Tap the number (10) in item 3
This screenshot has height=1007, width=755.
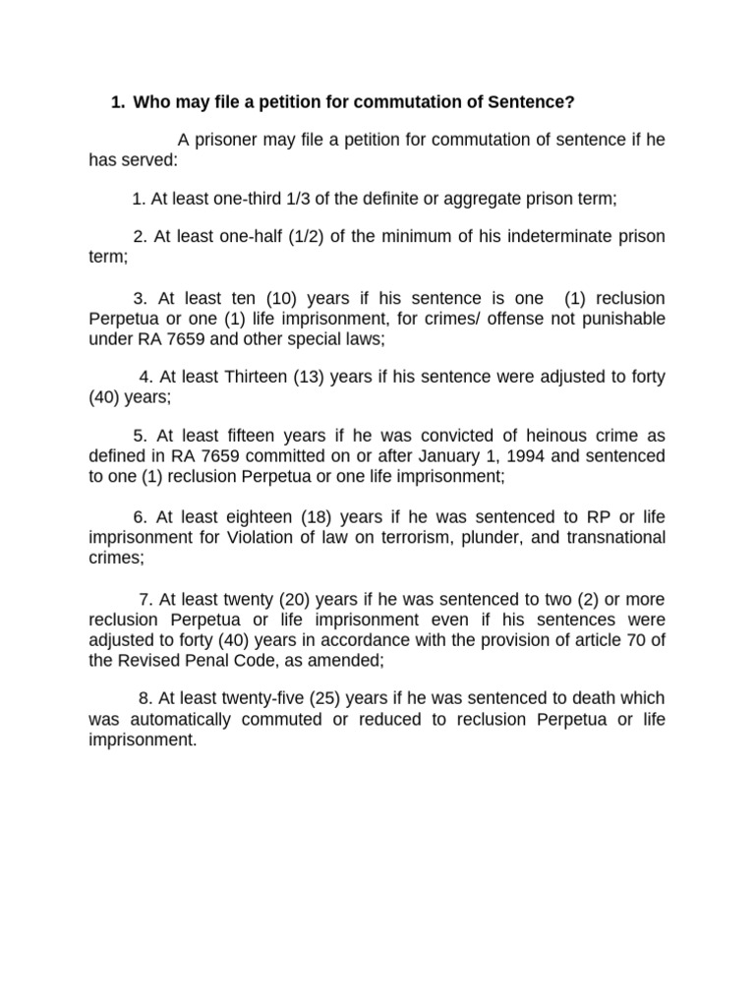click(279, 298)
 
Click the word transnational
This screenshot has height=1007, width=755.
click(610, 537)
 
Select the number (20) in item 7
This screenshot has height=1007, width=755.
click(304, 599)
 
